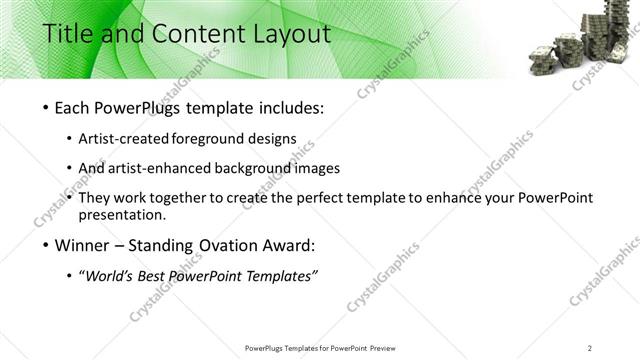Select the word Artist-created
(136, 139)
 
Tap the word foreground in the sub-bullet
(226, 139)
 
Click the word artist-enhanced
(173, 168)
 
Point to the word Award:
(288, 246)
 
